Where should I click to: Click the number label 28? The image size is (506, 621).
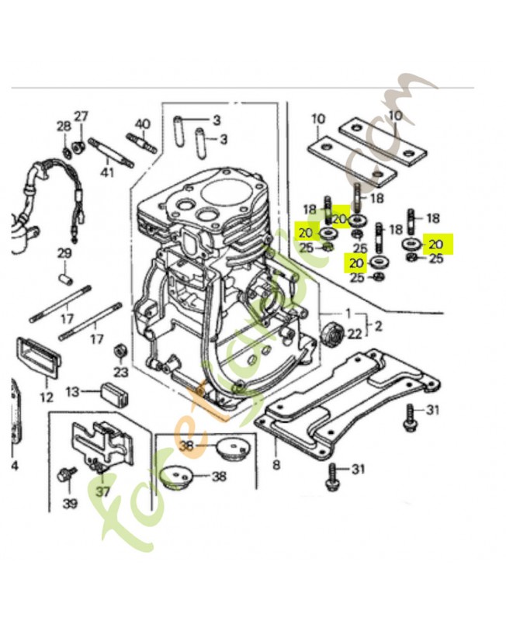(x=63, y=127)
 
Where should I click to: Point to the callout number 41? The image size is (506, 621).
(x=107, y=172)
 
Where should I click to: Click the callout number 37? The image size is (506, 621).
(x=102, y=491)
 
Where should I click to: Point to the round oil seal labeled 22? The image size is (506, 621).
(x=332, y=335)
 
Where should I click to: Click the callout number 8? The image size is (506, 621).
(x=276, y=466)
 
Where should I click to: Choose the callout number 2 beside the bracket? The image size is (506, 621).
(x=378, y=324)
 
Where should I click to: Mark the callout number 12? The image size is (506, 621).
(x=47, y=397)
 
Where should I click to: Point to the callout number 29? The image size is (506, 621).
(x=64, y=254)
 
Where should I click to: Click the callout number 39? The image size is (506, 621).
(x=71, y=505)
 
